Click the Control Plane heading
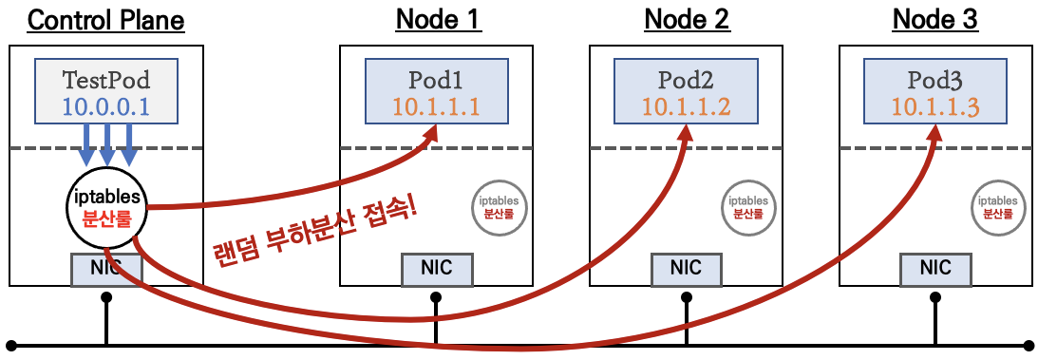click(x=105, y=19)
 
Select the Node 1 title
click(x=438, y=19)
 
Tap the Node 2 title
click(x=687, y=19)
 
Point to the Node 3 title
click(x=935, y=19)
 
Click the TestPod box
click(x=105, y=91)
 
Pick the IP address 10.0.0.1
click(x=105, y=106)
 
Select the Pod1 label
click(x=437, y=78)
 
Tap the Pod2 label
click(x=687, y=78)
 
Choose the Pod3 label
click(x=935, y=78)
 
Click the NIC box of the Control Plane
click(x=105, y=268)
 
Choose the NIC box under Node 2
click(x=687, y=268)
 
